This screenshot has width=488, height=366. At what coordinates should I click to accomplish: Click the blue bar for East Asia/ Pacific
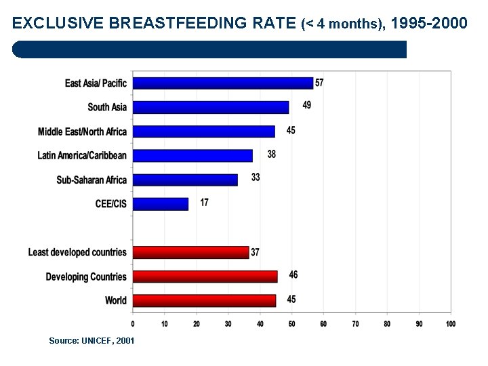point(222,83)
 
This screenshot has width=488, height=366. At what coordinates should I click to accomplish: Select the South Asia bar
point(210,107)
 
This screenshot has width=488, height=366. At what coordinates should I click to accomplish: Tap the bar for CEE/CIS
point(160,203)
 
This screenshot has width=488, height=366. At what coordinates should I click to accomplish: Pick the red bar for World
point(204,300)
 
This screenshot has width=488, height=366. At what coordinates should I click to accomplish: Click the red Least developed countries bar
point(190,252)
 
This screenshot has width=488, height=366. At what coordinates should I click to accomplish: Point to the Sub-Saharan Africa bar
point(185,180)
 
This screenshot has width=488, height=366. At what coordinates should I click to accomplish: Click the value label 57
point(319,83)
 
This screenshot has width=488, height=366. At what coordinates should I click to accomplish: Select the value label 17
point(205,202)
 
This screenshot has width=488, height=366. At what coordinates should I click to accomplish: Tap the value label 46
point(293,274)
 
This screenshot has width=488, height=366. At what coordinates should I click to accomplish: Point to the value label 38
point(271,155)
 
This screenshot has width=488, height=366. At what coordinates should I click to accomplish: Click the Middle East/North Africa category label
point(82,131)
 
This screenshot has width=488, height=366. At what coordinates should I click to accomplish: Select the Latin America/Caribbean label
point(82,155)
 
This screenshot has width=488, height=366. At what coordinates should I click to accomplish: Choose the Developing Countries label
point(86,277)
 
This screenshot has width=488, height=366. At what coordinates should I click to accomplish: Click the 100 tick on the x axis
point(450,324)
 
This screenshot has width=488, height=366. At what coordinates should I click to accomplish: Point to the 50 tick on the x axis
point(291,324)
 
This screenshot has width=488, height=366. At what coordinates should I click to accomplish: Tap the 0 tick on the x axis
point(133,324)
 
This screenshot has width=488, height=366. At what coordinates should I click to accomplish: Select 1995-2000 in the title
point(429,24)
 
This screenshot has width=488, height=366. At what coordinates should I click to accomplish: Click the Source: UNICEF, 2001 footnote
point(91,340)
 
